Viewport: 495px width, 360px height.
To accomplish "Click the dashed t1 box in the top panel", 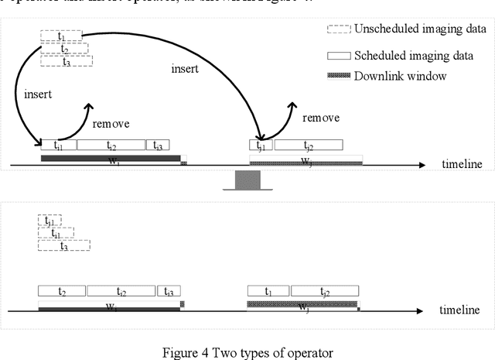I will [62, 36].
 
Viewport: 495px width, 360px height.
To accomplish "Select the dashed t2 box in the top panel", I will [64, 49].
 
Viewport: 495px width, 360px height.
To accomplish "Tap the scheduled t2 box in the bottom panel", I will [62, 291].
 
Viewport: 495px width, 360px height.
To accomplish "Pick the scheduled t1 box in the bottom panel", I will [268, 291].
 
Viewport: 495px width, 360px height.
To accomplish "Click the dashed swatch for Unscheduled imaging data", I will [337, 29].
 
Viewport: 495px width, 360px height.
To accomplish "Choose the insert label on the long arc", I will [186, 69].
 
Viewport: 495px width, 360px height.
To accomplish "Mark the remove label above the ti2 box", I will [111, 123].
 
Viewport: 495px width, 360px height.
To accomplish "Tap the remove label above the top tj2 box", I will [321, 118].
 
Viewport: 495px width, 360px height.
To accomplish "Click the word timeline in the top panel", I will [462, 164].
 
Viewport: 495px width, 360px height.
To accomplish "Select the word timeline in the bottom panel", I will [462, 310].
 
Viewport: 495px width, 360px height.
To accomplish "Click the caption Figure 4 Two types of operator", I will [247, 353].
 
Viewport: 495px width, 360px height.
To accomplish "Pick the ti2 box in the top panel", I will [111, 145].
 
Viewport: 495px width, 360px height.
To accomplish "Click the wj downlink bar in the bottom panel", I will [302, 305].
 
